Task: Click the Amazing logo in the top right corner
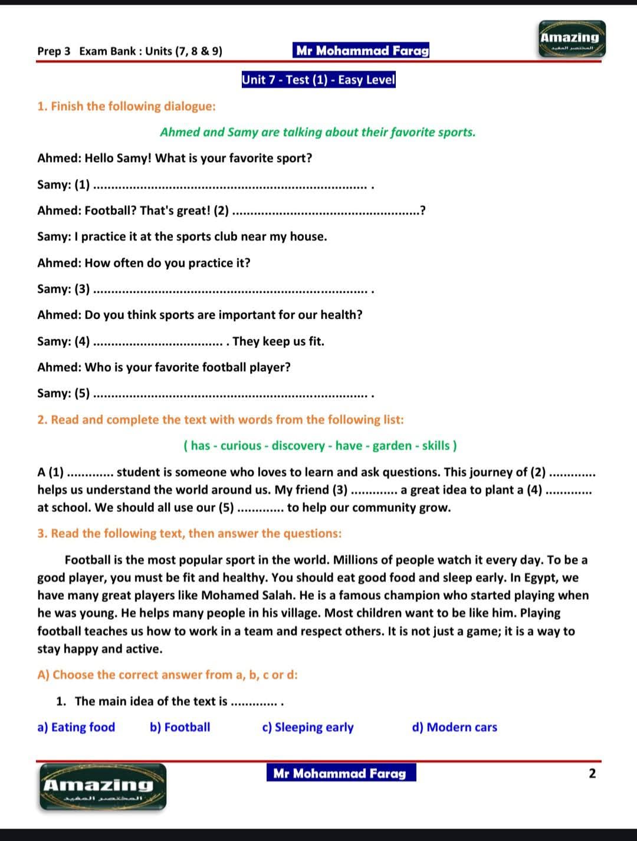pos(572,39)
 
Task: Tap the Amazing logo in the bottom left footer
pos(103,786)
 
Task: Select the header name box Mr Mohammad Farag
pos(362,51)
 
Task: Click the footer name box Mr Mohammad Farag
pos(340,773)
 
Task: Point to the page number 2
pos(592,773)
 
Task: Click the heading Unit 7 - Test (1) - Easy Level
pos(318,80)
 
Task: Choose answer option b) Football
pos(180,727)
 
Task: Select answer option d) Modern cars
pos(454,727)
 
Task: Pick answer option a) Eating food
pos(76,727)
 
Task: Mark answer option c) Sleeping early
pos(308,727)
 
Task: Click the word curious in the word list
pos(241,446)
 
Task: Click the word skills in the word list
pos(436,446)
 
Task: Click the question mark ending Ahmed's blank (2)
pos(423,211)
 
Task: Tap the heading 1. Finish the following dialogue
pos(126,107)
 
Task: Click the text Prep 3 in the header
pos(54,51)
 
